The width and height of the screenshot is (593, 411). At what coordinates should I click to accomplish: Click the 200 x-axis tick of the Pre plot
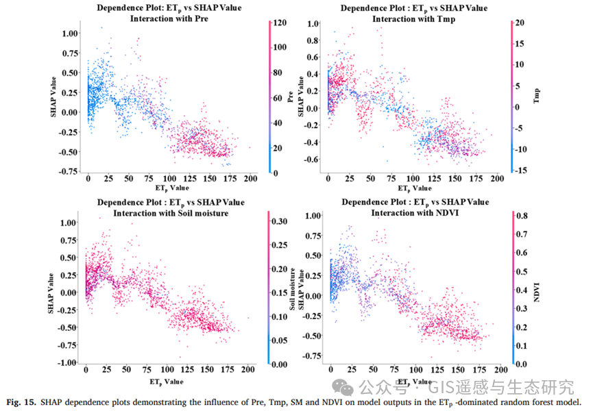(250, 178)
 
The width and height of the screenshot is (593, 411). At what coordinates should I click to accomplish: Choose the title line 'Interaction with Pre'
(168, 19)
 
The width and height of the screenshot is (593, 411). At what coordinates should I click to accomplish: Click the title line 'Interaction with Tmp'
(413, 19)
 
